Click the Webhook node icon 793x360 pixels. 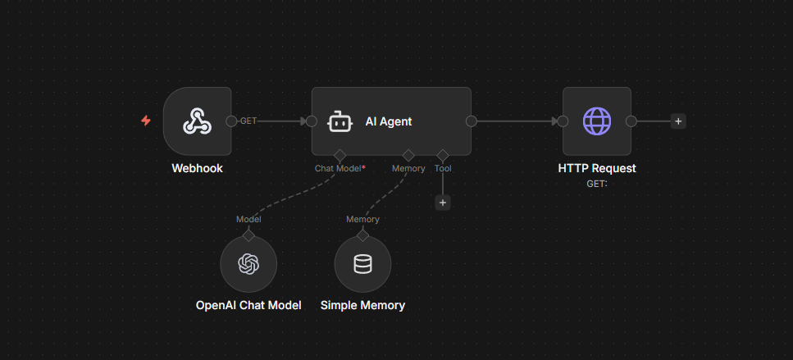(197, 121)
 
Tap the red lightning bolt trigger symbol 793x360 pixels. (146, 121)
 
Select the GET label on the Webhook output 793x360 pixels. (248, 121)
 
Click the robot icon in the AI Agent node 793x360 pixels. (340, 121)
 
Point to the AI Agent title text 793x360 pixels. (388, 121)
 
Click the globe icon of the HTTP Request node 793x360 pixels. (596, 121)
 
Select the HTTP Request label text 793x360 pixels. (596, 168)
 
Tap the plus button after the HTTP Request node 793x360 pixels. (677, 121)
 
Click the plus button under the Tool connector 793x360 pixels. (443, 203)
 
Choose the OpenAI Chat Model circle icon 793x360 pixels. (248, 264)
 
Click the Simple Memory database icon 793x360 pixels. (362, 264)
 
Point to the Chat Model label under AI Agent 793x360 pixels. (340, 169)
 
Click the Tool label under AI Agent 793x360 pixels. (443, 169)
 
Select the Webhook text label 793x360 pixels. (197, 168)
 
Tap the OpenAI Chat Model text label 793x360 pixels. (248, 305)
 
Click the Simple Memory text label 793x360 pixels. (362, 305)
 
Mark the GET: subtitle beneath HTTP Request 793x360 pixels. (596, 183)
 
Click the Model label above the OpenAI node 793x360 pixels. (248, 219)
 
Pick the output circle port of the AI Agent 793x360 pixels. (472, 121)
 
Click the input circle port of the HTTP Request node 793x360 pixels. (563, 121)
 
